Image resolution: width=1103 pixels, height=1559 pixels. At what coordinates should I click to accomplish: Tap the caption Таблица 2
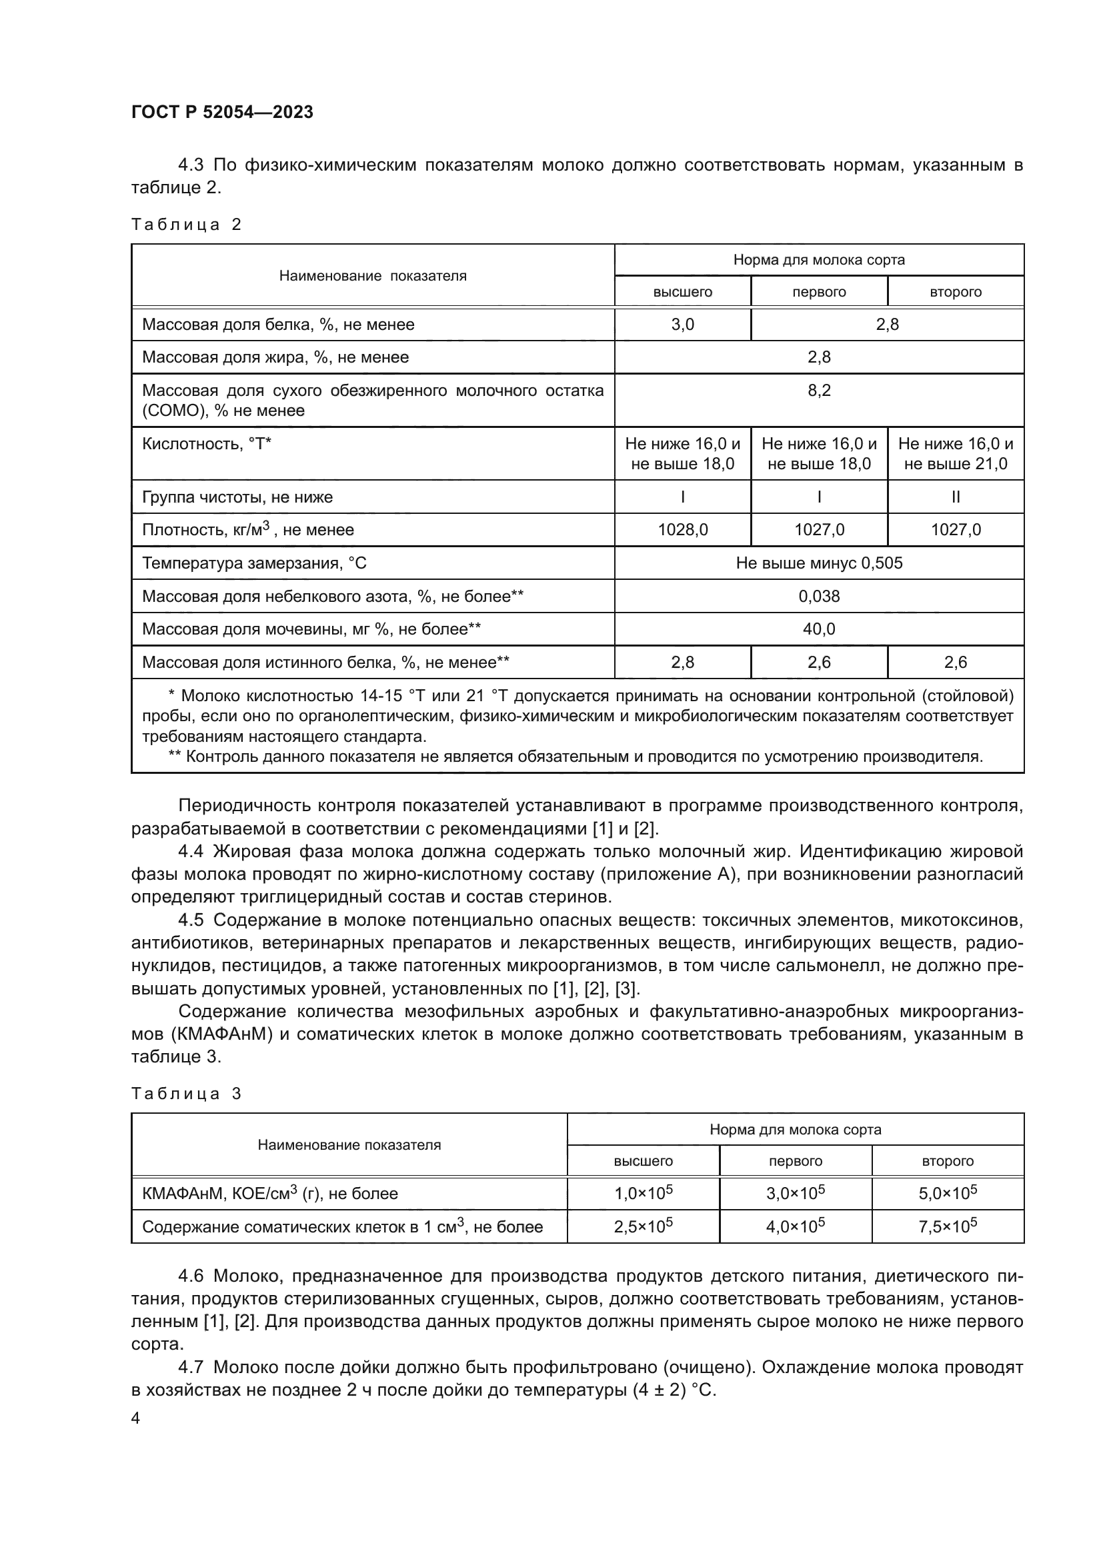click(x=186, y=225)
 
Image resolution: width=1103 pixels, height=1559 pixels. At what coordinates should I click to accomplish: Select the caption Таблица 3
click(x=186, y=1094)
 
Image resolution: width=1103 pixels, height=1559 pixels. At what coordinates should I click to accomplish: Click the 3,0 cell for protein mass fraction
click(x=683, y=325)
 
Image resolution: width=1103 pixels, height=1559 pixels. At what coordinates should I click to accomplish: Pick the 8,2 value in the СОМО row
click(x=819, y=391)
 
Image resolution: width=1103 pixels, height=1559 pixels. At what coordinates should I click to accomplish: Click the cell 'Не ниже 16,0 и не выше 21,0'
click(x=956, y=454)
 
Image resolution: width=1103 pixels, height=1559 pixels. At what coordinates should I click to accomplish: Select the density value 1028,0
click(x=683, y=530)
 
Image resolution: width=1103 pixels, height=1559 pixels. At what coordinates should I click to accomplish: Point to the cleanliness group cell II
click(x=956, y=497)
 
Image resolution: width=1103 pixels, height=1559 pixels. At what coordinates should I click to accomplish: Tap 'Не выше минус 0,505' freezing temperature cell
click(x=819, y=563)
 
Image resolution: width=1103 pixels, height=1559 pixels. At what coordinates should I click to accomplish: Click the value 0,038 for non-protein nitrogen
click(x=819, y=596)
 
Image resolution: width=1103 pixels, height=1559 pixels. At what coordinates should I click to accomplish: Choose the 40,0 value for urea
click(x=819, y=629)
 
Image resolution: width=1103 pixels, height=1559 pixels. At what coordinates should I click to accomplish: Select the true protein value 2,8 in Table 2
click(x=683, y=662)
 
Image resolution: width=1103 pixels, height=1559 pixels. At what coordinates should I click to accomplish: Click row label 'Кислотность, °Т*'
click(x=207, y=444)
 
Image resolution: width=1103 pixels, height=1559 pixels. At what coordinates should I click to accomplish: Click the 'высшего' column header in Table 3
click(x=643, y=1161)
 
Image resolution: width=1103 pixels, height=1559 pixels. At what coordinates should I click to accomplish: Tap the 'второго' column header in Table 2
click(x=956, y=292)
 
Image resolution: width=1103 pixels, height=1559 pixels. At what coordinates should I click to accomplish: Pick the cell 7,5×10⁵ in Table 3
click(x=948, y=1227)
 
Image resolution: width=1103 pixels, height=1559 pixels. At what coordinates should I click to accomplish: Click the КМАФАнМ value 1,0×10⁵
click(x=643, y=1194)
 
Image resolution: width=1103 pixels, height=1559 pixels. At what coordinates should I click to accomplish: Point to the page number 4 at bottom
click(x=136, y=1418)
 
